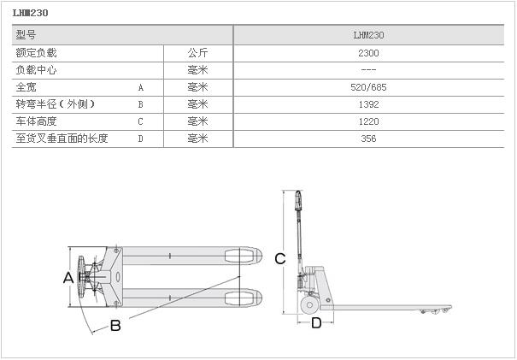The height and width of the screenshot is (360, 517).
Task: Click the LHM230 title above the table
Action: point(32,14)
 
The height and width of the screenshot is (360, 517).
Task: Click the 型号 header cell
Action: point(26,36)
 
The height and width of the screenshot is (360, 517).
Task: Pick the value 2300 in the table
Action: point(369,53)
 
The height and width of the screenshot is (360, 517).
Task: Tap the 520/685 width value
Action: point(369,87)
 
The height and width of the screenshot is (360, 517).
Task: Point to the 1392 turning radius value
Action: point(369,104)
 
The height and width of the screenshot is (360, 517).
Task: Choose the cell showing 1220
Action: point(369,121)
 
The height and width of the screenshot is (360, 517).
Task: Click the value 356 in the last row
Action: point(369,139)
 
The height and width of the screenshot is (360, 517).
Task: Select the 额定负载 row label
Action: point(37,53)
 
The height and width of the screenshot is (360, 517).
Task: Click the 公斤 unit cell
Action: point(197,53)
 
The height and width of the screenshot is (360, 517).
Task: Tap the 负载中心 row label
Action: point(37,70)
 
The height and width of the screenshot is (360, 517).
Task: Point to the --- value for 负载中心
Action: point(369,70)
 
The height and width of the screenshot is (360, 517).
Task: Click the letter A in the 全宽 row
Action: point(140,87)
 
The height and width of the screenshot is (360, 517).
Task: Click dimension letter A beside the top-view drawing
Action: point(68,277)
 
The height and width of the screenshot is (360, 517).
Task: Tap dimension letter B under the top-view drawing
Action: point(115,325)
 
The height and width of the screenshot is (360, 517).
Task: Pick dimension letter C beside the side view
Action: point(279,259)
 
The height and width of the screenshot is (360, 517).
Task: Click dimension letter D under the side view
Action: point(315,322)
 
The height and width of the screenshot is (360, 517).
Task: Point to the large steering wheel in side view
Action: point(307,304)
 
